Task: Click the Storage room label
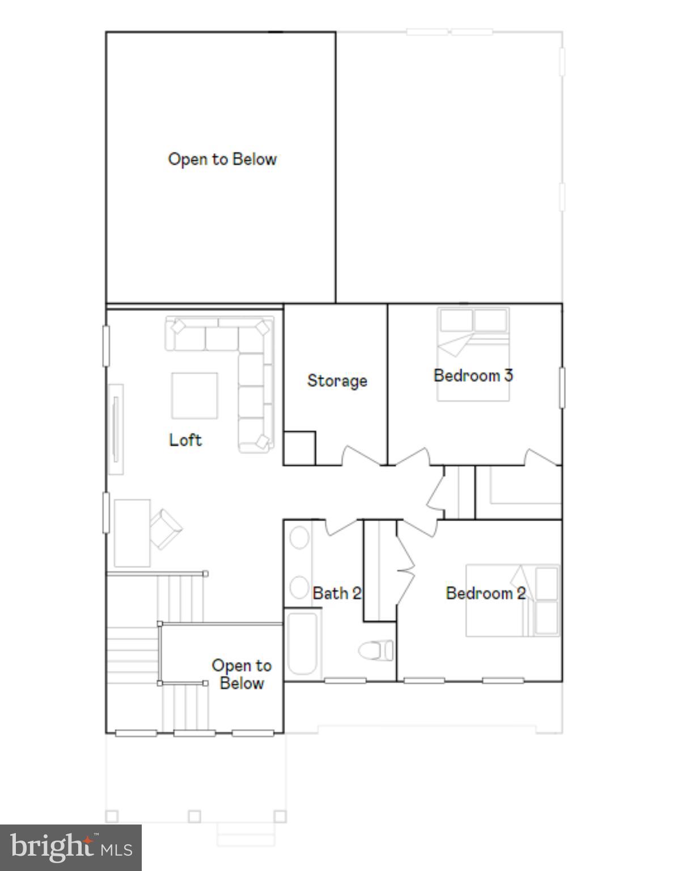point(337,380)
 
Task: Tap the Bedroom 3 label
point(473,375)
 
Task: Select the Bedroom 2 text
point(486,593)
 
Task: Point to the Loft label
point(185,440)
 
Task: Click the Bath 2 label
point(337,593)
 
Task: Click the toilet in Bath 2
point(376,650)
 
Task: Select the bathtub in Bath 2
point(302,644)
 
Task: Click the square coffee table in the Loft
point(194,396)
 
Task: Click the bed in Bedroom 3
point(473,354)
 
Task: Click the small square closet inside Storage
point(299,449)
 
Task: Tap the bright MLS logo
point(70,847)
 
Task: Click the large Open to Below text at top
point(222,159)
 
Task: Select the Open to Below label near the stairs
point(242,674)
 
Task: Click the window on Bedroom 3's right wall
point(562,388)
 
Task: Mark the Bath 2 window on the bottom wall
point(345,680)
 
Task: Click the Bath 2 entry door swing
point(341,527)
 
